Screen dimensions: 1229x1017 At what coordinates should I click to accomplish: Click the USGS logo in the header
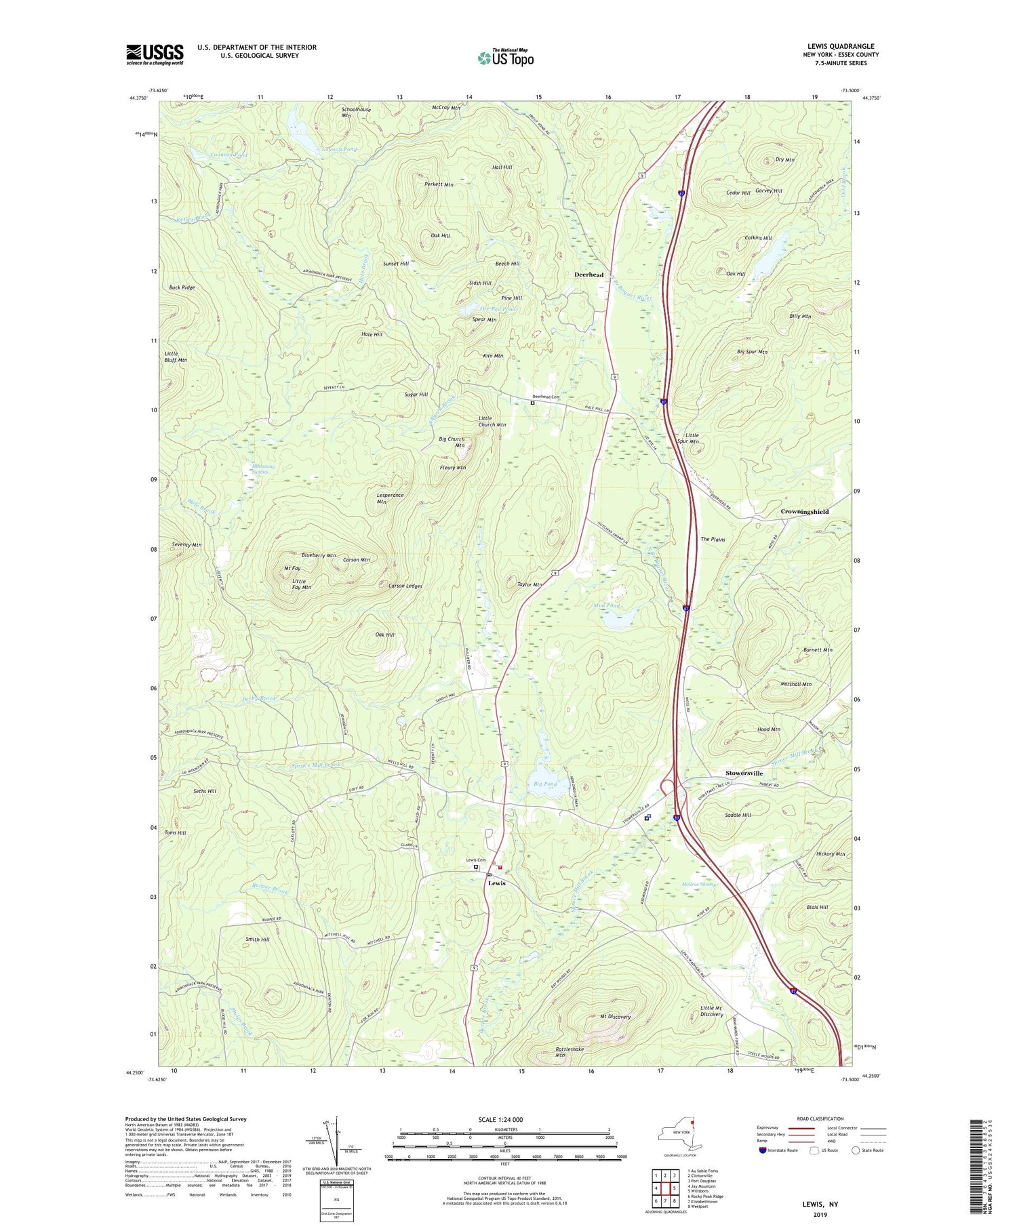pyautogui.click(x=155, y=54)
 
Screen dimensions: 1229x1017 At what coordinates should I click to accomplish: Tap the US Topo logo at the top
pyautogui.click(x=505, y=58)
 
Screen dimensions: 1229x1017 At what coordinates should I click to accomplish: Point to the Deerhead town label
pyautogui.click(x=589, y=275)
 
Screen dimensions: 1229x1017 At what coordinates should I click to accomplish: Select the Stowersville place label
pyautogui.click(x=744, y=773)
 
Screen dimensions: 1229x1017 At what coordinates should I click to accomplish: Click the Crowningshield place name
pyautogui.click(x=804, y=512)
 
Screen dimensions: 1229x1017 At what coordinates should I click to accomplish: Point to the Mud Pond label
pyautogui.click(x=607, y=605)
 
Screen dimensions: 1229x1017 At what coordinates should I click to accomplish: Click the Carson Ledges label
pyautogui.click(x=405, y=586)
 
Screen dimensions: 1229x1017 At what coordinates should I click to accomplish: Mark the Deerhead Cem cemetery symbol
pyautogui.click(x=532, y=403)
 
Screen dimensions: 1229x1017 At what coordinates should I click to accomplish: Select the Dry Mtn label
pyautogui.click(x=784, y=160)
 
